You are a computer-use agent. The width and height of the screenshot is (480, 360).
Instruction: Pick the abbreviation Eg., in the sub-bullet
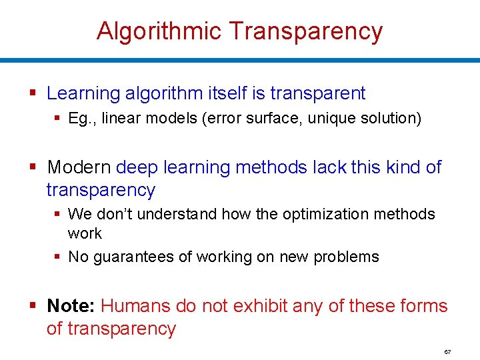(x=81, y=119)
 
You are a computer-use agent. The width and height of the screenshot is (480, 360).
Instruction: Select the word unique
(x=331, y=119)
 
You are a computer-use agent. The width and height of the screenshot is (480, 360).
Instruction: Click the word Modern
(x=79, y=167)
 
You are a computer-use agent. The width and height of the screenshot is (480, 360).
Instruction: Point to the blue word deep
(x=137, y=167)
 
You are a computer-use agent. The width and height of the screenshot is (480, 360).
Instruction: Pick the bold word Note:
(x=71, y=306)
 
